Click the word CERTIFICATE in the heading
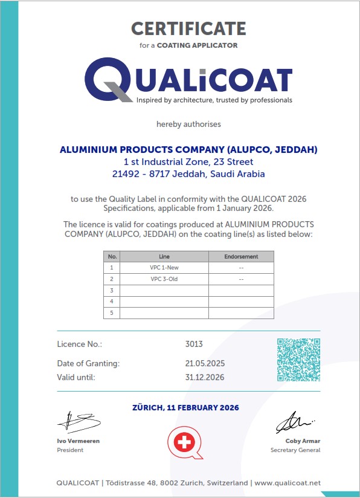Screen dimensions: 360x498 click(x=188, y=28)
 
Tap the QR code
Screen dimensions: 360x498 click(x=298, y=360)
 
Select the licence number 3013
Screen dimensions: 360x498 click(x=194, y=344)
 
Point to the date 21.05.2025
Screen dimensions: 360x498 click(x=205, y=363)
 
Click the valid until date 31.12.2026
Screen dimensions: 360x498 click(x=205, y=377)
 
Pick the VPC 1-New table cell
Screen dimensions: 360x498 click(x=164, y=267)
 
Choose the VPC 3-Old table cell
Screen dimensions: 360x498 click(x=164, y=279)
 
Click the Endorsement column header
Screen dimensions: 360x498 click(x=241, y=256)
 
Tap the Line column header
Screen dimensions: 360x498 click(x=164, y=256)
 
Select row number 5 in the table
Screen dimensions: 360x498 click(x=112, y=312)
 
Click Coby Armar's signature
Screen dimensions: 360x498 click(x=295, y=422)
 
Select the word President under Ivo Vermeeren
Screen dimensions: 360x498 click(x=70, y=450)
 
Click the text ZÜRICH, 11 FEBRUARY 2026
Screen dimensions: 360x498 click(x=185, y=408)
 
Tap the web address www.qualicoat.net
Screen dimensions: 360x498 click(x=287, y=483)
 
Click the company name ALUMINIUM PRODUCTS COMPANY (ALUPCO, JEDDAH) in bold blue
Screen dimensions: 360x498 click(x=188, y=150)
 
